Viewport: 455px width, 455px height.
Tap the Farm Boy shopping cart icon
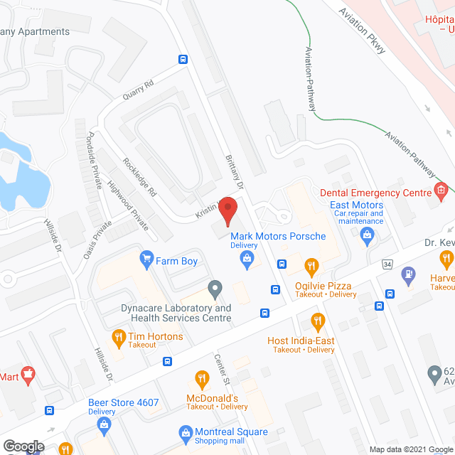coord(147,257)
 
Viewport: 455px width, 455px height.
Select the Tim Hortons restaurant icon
coord(119,337)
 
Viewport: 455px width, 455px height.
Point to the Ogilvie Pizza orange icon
coord(311,267)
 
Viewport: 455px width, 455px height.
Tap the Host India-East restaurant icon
coord(317,321)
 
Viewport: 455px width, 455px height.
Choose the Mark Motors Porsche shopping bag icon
coord(247,258)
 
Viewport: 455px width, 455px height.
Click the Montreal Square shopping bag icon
coord(186,432)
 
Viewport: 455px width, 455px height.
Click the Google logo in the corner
coord(23,446)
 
